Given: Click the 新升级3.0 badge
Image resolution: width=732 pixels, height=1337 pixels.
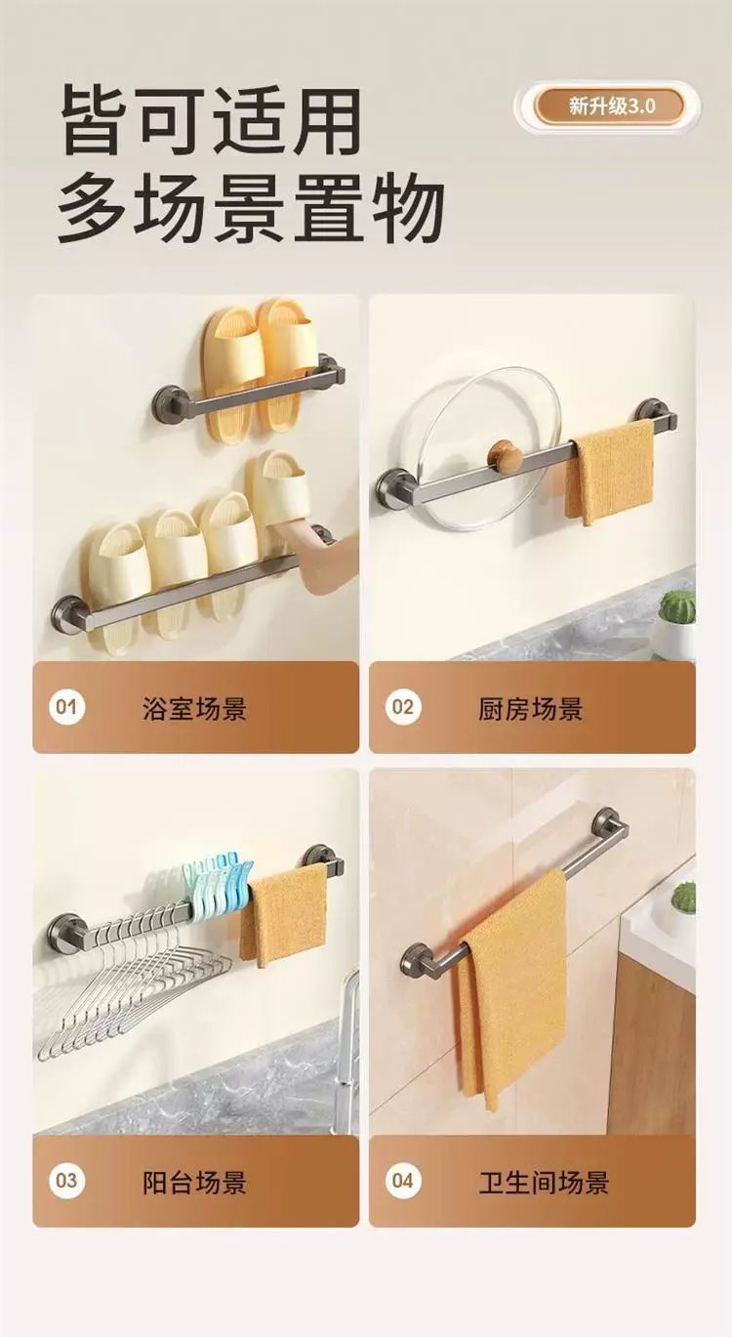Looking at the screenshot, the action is (x=608, y=106).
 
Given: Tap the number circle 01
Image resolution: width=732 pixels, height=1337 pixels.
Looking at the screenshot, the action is (x=66, y=707).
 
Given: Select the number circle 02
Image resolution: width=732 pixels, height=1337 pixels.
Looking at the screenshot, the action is (x=403, y=707).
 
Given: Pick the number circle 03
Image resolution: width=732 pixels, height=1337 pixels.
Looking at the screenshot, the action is (x=66, y=1181).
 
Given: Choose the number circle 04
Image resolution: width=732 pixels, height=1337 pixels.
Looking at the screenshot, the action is (x=403, y=1181).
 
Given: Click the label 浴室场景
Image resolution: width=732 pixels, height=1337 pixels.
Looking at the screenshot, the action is (x=194, y=708).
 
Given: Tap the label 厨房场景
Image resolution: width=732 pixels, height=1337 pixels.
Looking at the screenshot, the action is (x=530, y=708).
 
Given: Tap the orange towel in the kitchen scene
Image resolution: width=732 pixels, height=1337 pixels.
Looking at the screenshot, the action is (x=608, y=472).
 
